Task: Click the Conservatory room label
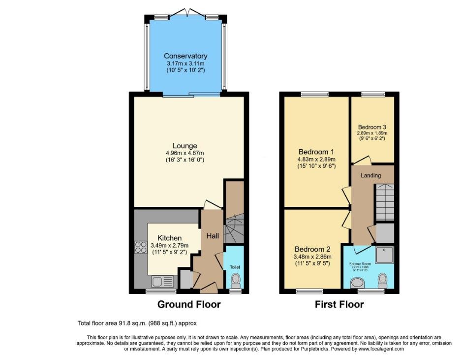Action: click(x=185, y=56)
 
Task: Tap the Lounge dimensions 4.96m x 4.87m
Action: click(x=184, y=153)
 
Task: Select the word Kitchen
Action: click(x=170, y=238)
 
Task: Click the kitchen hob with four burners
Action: click(x=140, y=247)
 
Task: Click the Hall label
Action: click(x=213, y=236)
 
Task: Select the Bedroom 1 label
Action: click(x=317, y=152)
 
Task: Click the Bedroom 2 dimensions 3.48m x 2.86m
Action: click(x=313, y=257)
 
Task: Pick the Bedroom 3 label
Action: click(x=372, y=126)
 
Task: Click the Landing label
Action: click(x=370, y=175)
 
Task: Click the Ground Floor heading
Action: click(x=189, y=304)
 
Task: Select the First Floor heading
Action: click(x=339, y=304)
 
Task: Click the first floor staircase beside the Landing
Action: click(x=385, y=202)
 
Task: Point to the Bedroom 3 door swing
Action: click(x=362, y=160)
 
